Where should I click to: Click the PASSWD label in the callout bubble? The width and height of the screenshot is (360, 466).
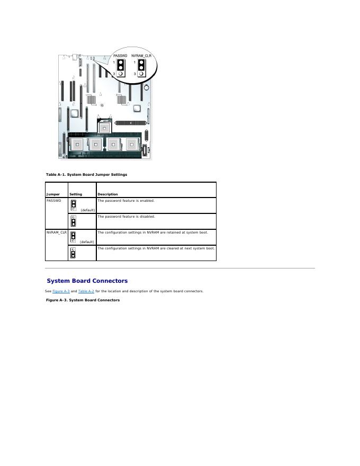coord(120,56)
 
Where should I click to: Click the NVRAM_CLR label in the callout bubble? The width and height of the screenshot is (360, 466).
coord(141,56)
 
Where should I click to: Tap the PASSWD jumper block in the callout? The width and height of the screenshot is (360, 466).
coord(121,67)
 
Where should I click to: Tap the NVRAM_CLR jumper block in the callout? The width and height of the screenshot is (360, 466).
coord(141,67)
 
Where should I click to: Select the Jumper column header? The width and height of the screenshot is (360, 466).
coord(52,194)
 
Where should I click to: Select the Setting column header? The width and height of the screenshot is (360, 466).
coord(76,194)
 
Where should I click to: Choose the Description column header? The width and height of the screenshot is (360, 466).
coord(107,194)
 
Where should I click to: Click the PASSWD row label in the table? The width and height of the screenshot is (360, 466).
coord(53,201)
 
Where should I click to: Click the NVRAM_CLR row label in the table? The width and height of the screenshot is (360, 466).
coord(56,232)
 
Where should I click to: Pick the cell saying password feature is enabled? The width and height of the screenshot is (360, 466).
coord(125,201)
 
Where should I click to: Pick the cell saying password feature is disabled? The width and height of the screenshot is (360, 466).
coord(126,217)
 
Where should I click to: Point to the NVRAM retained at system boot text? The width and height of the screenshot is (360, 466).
coord(152,232)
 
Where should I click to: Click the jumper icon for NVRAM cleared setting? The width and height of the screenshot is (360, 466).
coord(74,253)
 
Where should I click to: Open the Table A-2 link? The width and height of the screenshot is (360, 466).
coord(86,291)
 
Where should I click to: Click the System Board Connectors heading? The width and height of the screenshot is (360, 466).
coord(87,281)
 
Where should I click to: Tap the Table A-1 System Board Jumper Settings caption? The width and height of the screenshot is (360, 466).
coord(86,174)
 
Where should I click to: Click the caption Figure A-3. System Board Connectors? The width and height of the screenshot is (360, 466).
coord(83,300)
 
